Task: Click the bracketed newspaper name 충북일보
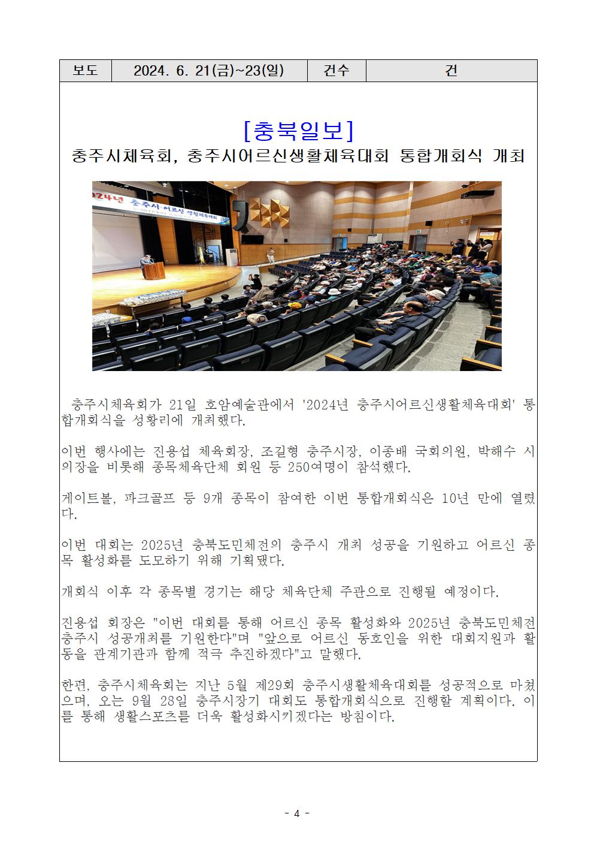point(298,130)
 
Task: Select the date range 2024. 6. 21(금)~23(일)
point(209,71)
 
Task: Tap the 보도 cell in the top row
point(86,71)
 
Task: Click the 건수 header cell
point(336,71)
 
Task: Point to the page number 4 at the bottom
point(297,813)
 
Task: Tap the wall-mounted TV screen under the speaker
point(252,239)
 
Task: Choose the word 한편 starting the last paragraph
point(76,685)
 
